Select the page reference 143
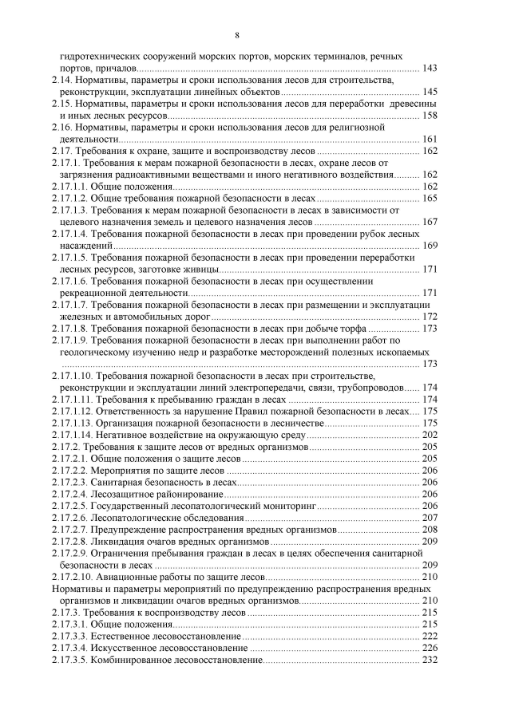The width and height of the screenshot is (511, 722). pyautogui.click(x=429, y=69)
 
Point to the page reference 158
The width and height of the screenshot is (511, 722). pyautogui.click(x=429, y=116)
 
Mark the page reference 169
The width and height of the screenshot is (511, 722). pyautogui.click(x=429, y=245)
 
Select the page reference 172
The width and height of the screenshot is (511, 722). pyautogui.click(x=429, y=316)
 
